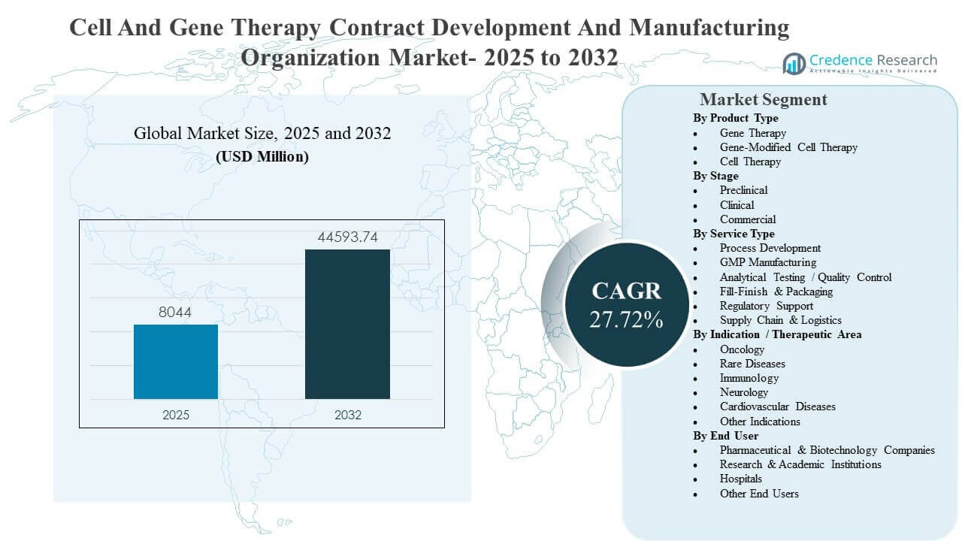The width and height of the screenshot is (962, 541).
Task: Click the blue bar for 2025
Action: click(x=176, y=361)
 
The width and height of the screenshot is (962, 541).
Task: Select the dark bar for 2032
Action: click(x=347, y=324)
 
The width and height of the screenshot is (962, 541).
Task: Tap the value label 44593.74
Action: click(x=347, y=238)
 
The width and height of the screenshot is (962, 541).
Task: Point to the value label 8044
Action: click(x=176, y=313)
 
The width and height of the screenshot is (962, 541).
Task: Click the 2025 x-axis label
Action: click(x=176, y=415)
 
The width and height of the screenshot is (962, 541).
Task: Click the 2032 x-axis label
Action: click(x=347, y=415)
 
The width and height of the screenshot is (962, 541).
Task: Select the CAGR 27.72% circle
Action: click(x=626, y=304)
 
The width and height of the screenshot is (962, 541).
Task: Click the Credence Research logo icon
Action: click(x=794, y=63)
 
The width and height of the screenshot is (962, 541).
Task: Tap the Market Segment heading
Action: click(x=763, y=99)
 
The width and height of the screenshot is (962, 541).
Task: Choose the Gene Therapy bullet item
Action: click(x=752, y=133)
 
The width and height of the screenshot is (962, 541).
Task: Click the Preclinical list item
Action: click(x=743, y=190)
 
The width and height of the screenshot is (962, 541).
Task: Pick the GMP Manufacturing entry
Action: click(x=767, y=262)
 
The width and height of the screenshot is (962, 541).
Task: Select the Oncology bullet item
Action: click(x=742, y=349)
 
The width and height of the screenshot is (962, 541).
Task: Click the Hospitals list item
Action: click(x=740, y=479)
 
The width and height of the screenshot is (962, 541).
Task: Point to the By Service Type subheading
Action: click(x=734, y=234)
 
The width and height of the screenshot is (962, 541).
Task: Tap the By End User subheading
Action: click(x=725, y=436)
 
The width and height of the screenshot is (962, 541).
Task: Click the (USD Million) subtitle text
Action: click(x=262, y=157)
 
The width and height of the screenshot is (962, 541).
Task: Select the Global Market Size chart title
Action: click(x=262, y=134)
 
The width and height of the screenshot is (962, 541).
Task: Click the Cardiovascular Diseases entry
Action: click(x=777, y=407)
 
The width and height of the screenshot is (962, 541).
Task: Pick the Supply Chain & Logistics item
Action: click(x=780, y=320)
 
